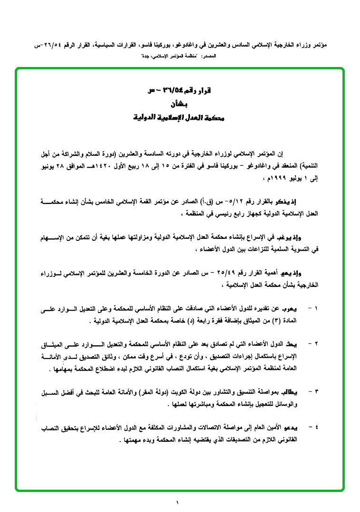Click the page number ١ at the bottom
point(177,503)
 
